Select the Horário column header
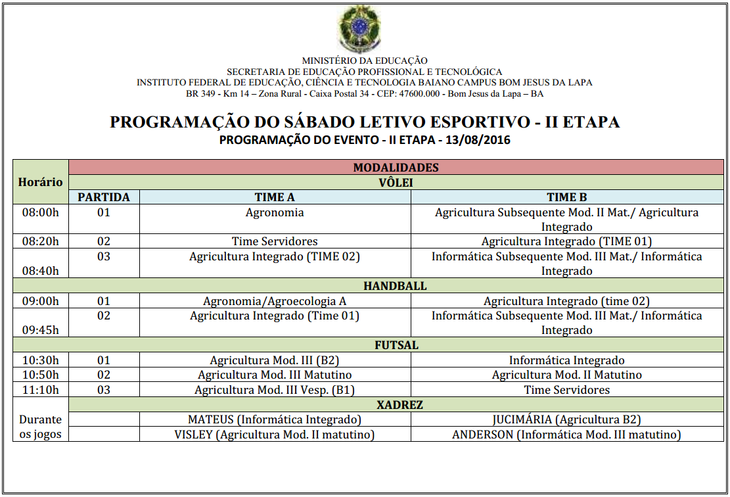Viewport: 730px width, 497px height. (41, 182)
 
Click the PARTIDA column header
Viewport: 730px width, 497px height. (104, 197)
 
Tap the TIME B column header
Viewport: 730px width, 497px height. (566, 197)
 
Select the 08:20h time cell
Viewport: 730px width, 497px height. (41, 241)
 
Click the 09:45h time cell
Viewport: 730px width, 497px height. (41, 330)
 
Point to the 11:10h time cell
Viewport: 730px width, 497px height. (41, 390)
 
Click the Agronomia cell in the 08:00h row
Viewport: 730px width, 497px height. (275, 212)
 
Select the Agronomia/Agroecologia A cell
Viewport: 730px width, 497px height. (275, 301)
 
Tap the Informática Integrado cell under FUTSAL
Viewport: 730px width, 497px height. (566, 360)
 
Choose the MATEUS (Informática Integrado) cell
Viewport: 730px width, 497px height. (275, 419)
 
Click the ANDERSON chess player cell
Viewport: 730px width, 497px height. (566, 435)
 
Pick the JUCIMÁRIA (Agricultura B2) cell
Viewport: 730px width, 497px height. (566, 419)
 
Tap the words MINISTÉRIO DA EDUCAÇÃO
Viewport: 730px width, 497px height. (365, 60)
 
